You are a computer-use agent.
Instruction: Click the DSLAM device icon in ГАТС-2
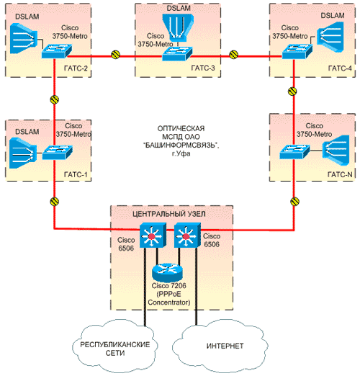point(24,38)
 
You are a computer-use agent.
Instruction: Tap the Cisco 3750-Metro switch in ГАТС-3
point(177,53)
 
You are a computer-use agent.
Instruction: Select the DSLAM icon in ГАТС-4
point(330,37)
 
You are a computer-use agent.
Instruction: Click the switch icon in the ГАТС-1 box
point(58,153)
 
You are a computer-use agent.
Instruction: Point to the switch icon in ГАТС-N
point(294,151)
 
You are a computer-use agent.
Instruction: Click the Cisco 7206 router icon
point(167,272)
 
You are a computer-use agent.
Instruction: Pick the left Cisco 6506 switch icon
point(153,236)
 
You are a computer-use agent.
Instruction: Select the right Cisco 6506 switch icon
point(187,236)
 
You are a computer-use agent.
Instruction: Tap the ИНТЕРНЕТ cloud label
point(225,346)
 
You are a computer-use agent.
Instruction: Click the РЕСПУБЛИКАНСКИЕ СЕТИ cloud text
point(115,349)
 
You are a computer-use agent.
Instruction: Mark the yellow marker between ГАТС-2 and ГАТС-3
point(116,55)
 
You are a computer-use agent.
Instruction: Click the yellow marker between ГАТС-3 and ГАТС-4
point(234,55)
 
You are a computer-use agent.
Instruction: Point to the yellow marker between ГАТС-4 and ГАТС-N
point(292,91)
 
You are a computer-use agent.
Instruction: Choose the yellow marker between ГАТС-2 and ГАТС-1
point(55,99)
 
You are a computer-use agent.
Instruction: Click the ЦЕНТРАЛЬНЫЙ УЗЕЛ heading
point(169,214)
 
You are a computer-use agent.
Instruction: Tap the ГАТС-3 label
point(203,68)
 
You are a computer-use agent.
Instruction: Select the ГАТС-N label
point(340,174)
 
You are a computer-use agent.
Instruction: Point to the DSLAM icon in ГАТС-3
point(178,27)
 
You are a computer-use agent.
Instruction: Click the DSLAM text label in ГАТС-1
point(27,132)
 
